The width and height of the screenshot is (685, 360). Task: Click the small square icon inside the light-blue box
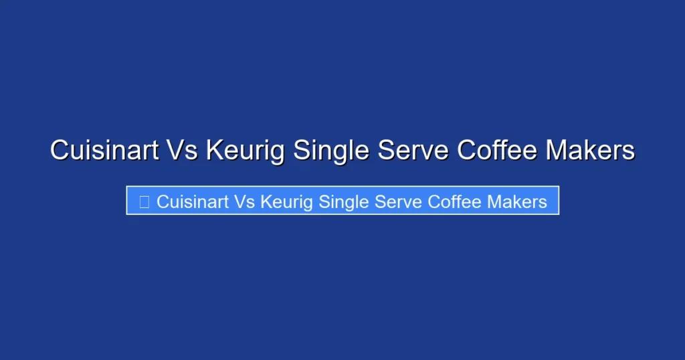coord(144,201)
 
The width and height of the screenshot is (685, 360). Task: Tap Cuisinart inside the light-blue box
coord(193,201)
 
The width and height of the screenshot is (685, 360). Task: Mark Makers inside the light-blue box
coord(517,201)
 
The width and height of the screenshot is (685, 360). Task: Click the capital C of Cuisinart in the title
coord(60,151)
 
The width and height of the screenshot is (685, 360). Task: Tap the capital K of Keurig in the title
coord(215,151)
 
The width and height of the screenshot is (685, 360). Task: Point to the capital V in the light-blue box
coord(239,201)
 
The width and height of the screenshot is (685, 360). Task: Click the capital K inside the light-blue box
coord(266,201)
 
